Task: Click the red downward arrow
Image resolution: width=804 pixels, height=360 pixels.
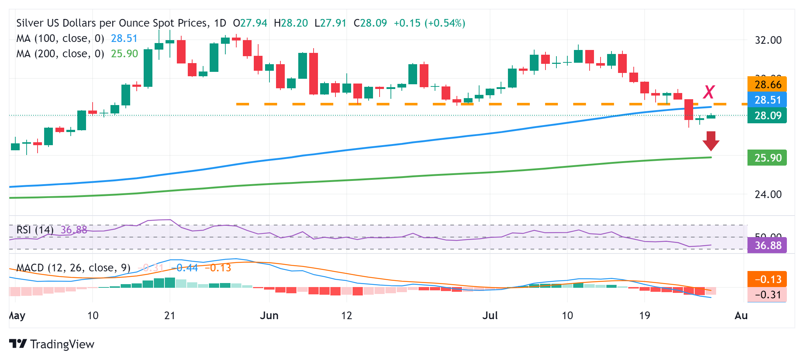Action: pos(711,141)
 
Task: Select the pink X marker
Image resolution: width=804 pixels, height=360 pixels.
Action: pos(709,92)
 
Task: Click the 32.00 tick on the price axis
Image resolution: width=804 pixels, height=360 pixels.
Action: pos(768,40)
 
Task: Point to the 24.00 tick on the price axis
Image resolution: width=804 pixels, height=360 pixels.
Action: pos(768,194)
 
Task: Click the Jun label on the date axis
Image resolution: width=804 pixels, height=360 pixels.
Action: pos(269,316)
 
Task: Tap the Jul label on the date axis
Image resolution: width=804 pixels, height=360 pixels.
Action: pos(490,316)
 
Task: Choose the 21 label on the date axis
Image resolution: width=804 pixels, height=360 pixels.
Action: pos(170,316)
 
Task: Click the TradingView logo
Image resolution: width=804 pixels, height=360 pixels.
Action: pos(51,344)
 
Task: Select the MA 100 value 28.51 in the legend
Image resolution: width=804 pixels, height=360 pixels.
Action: pos(124,38)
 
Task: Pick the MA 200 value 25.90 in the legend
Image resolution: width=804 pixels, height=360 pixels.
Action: pos(124,54)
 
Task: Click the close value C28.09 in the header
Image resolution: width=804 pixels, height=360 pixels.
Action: pos(370,23)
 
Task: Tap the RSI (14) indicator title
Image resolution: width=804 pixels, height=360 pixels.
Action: pos(35,230)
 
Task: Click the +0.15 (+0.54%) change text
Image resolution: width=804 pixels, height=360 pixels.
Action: pos(429,23)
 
